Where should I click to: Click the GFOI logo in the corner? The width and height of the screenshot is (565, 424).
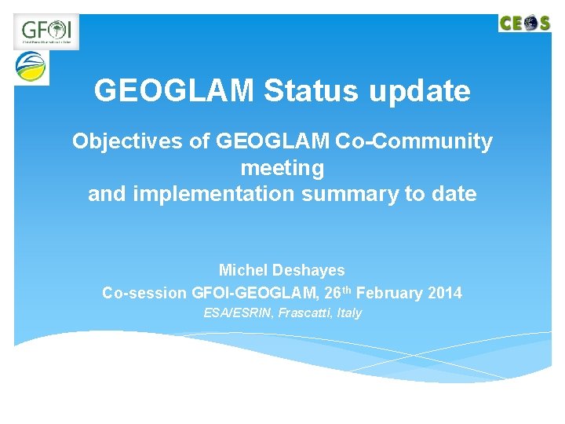tap(46, 31)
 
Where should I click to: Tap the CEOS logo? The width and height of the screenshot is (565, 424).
tap(525, 23)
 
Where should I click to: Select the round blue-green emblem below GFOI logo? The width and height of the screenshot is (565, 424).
tap(31, 68)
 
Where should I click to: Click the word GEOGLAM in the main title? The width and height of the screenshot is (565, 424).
tap(174, 91)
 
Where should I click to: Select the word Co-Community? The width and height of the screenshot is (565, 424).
tap(414, 142)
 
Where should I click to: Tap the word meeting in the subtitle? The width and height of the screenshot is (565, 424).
tap(282, 168)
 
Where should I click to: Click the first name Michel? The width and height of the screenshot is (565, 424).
tap(242, 270)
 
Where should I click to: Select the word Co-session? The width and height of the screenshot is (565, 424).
tap(144, 294)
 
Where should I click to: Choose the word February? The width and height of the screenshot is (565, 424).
tap(390, 294)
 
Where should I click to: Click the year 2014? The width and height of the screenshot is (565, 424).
tap(445, 294)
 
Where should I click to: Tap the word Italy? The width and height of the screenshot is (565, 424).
tap(349, 313)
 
